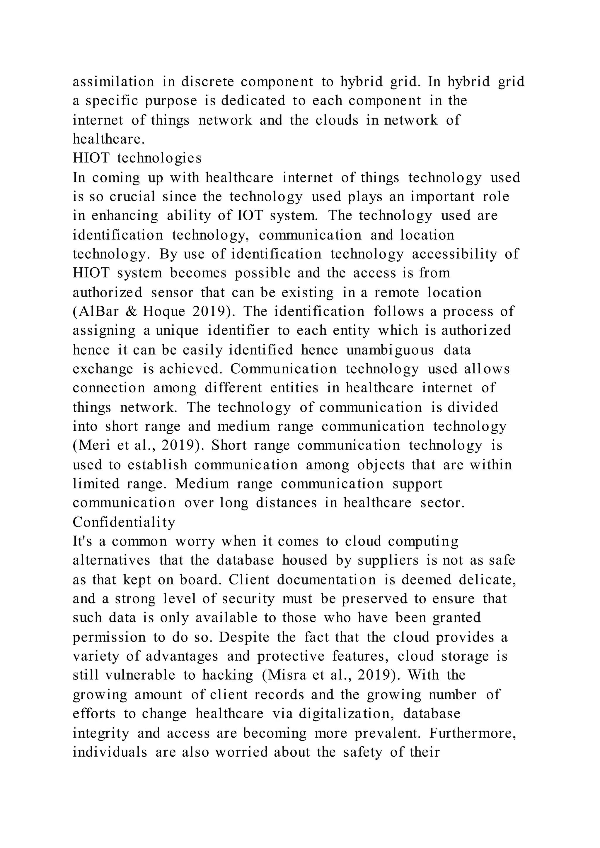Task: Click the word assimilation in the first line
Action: (113, 82)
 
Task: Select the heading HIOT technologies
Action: (137, 158)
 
